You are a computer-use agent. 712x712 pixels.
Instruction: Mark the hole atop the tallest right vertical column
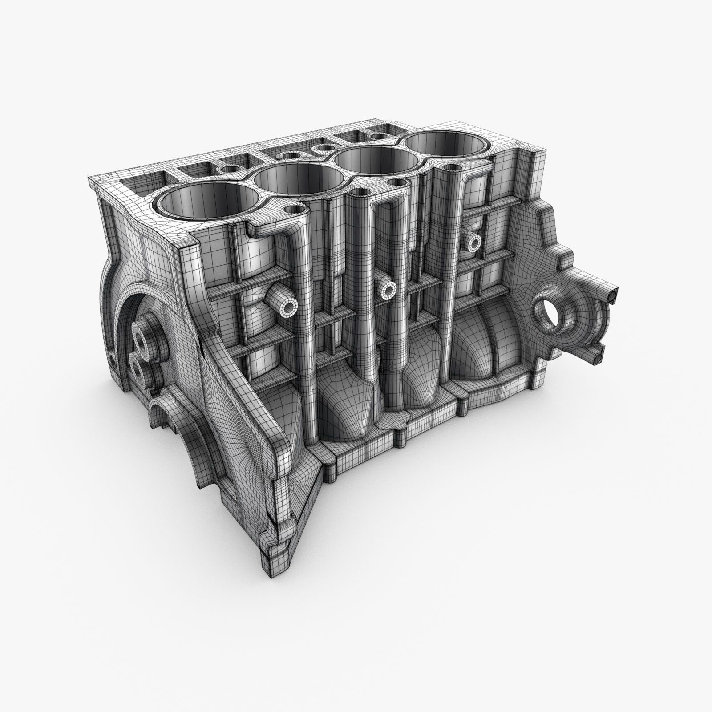click(x=451, y=168)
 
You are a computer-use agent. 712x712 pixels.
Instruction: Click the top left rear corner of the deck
click(x=91, y=178)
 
